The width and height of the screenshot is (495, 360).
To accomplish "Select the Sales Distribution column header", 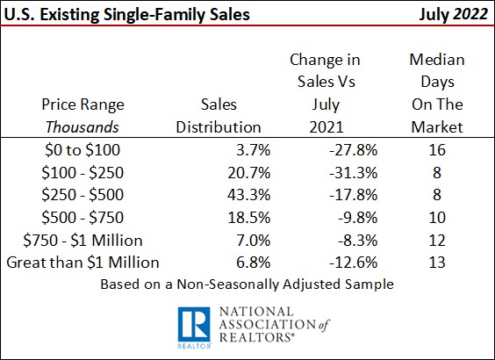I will (x=219, y=115).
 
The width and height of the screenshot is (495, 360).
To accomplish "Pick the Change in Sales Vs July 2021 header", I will (x=325, y=93).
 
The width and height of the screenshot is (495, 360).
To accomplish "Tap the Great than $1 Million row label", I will (x=83, y=262).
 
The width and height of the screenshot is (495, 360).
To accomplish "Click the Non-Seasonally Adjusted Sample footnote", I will (x=247, y=284).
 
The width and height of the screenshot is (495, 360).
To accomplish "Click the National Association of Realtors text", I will (x=274, y=325).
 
